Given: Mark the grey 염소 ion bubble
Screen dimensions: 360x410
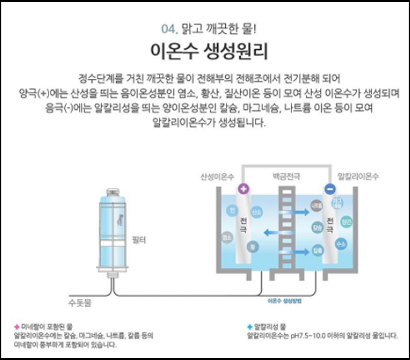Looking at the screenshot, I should click(226, 237).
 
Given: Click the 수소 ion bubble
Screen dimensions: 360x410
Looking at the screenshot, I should click(341, 243).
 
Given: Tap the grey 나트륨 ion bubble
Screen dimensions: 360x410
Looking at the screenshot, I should click(317, 205).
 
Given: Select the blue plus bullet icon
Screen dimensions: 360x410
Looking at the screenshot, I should click(250, 327).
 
